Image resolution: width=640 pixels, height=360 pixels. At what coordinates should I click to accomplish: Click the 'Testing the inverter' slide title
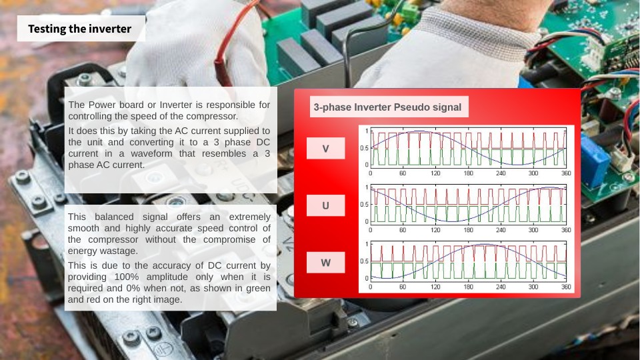tap(79, 29)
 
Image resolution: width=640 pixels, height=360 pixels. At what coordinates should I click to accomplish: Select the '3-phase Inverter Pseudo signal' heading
tap(387, 107)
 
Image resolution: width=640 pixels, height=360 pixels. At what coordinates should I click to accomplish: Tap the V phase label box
tap(326, 149)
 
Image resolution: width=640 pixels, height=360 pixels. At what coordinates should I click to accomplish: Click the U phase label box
tap(326, 205)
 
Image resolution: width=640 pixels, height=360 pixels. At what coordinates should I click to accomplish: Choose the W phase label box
tap(326, 263)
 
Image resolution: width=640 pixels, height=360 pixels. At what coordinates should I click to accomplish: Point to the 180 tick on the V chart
tap(468, 173)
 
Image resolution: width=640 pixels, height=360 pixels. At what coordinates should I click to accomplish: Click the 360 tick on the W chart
tap(566, 287)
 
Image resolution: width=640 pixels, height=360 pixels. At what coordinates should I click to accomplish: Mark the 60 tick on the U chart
tap(403, 230)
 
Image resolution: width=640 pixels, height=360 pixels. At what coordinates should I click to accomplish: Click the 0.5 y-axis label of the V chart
tap(365, 148)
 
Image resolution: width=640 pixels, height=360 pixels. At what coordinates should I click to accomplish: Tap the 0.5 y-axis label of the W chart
tap(365, 261)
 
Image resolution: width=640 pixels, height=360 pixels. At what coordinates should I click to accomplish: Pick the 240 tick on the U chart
tap(501, 230)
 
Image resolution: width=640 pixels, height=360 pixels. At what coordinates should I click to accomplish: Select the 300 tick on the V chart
tap(533, 173)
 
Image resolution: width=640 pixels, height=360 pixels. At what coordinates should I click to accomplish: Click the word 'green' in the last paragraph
tap(257, 289)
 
